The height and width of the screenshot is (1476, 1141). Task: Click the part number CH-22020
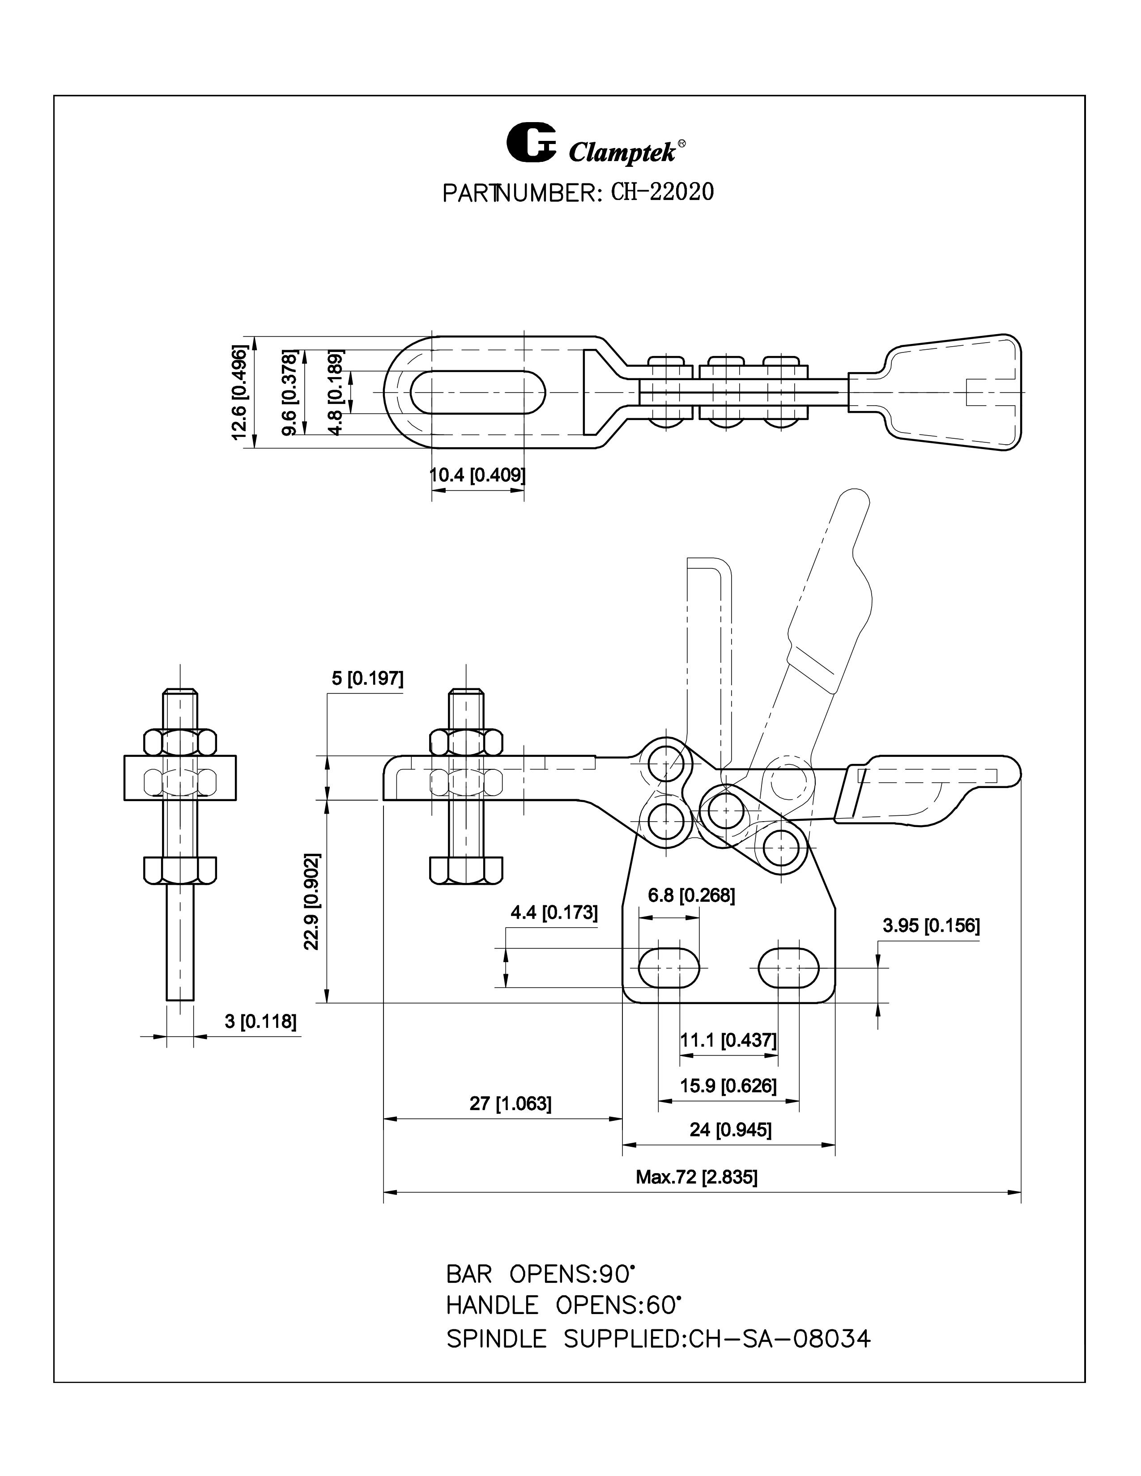[662, 193]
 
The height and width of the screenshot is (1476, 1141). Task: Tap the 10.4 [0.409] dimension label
[477, 475]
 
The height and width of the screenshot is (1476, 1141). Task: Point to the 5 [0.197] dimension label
[367, 678]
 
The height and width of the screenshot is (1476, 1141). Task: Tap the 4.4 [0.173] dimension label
[553, 912]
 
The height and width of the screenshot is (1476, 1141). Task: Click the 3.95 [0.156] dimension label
[930, 925]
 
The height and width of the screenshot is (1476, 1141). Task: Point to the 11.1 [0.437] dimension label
[728, 1040]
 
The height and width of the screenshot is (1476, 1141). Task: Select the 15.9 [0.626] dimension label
[728, 1086]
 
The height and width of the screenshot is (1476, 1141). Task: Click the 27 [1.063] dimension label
[511, 1103]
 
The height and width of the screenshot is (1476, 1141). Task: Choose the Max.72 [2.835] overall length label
[696, 1177]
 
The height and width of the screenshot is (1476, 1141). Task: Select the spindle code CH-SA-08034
[779, 1339]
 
